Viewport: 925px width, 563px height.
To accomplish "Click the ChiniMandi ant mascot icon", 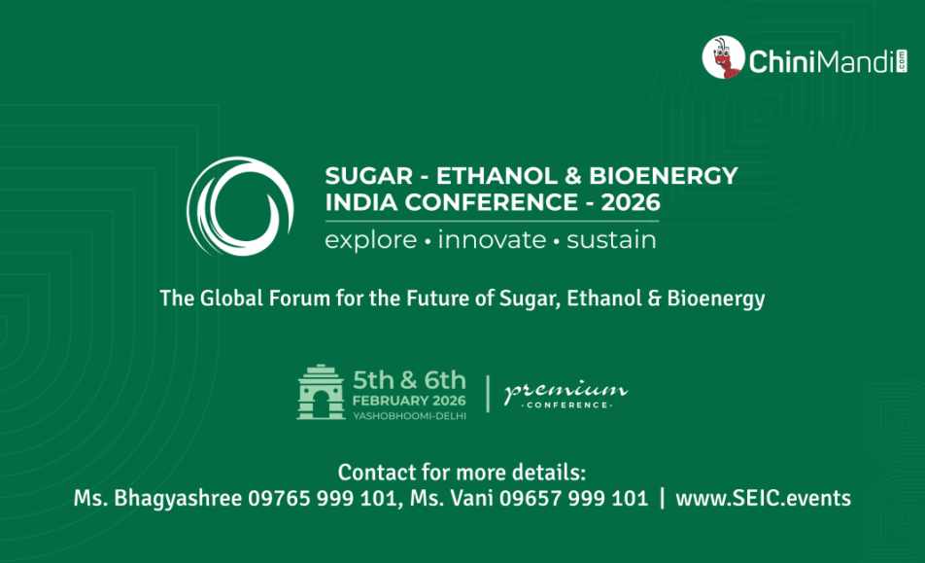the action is pyautogui.click(x=723, y=57).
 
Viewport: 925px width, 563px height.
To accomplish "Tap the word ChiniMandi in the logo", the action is pyautogui.click(x=822, y=61).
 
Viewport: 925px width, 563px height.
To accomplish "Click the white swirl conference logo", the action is pyautogui.click(x=240, y=206).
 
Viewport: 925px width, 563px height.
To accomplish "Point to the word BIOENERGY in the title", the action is pyautogui.click(x=663, y=176).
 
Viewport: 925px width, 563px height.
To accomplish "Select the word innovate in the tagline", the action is pyautogui.click(x=492, y=239).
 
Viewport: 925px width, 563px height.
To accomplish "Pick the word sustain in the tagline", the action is pyautogui.click(x=611, y=240).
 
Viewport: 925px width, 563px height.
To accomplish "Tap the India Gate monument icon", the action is pyautogui.click(x=321, y=392).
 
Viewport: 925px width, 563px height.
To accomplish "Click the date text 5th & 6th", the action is pyautogui.click(x=409, y=380).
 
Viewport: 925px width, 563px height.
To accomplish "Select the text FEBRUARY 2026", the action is pyautogui.click(x=409, y=401).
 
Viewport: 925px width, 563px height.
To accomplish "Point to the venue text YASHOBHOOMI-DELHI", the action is pyautogui.click(x=409, y=416).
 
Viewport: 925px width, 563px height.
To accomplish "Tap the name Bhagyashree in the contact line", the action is pyautogui.click(x=178, y=499).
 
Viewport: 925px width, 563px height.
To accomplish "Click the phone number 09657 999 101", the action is pyautogui.click(x=573, y=498).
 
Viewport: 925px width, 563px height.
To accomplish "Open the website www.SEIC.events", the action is pyautogui.click(x=764, y=498).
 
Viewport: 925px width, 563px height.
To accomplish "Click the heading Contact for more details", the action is pyautogui.click(x=462, y=473).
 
